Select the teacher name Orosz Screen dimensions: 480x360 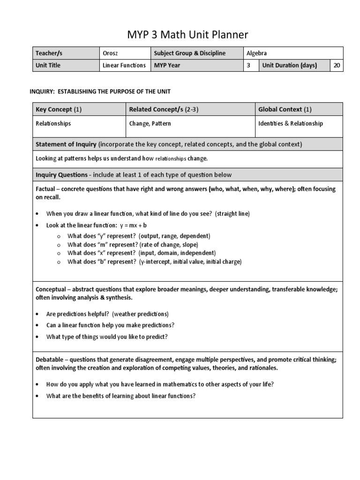pos(111,53)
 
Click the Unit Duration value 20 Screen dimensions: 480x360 pos(337,66)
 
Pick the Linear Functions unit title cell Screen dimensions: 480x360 pos(124,66)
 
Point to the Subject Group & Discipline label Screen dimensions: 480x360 pos(189,53)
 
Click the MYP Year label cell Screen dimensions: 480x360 pos(169,66)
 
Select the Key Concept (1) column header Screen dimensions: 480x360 pos(59,110)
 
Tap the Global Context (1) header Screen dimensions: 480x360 pos(285,110)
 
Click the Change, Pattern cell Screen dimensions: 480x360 pos(150,124)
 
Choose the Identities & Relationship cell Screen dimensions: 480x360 pos(290,124)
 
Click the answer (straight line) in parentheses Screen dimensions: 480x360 pos(232,214)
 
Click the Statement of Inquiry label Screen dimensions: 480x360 pos(66,144)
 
